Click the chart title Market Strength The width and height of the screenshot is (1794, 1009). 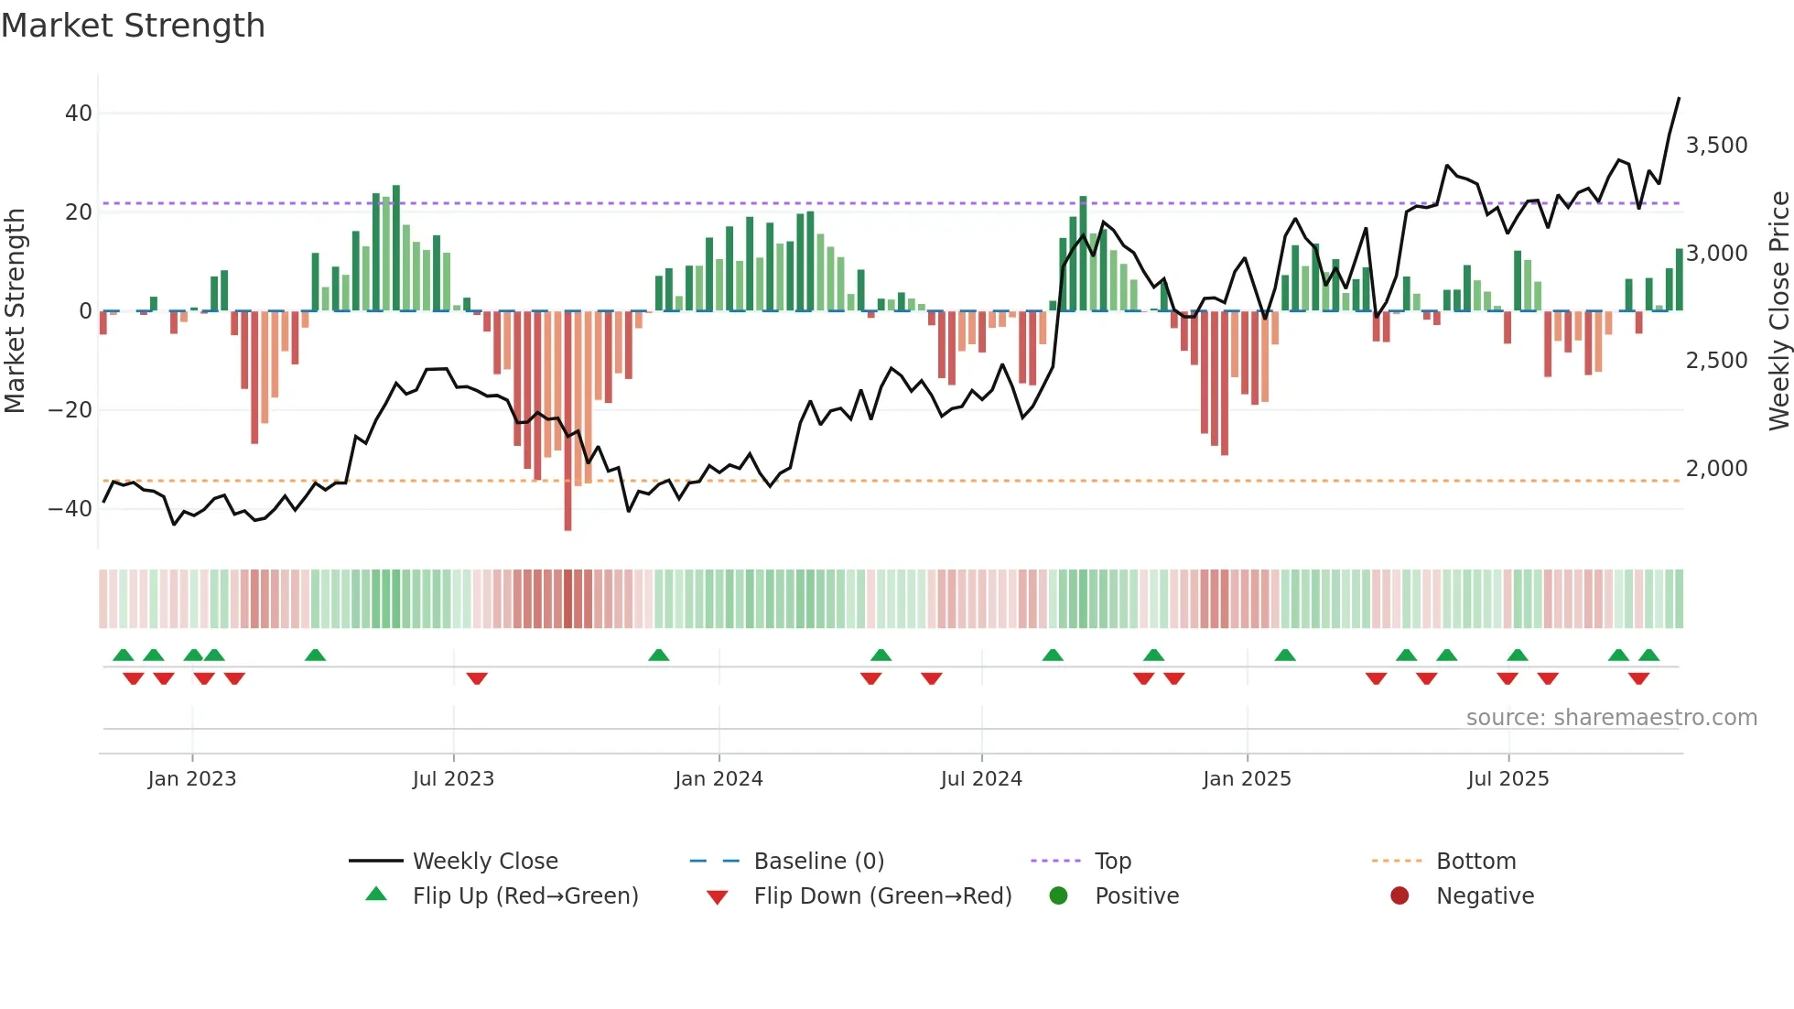pos(133,26)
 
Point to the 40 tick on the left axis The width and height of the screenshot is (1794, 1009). pos(78,114)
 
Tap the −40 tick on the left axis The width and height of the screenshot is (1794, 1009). pos(70,509)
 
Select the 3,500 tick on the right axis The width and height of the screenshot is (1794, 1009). pos(1716,146)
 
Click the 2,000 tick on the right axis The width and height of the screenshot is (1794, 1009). pos(1716,469)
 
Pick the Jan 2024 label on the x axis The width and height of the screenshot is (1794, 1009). pos(719,779)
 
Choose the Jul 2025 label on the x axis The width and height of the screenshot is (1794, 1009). pos(1508,779)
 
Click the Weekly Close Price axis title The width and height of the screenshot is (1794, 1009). pos(1778,311)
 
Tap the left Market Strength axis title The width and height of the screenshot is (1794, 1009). pos(16,311)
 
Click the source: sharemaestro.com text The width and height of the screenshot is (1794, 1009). pos(1611,718)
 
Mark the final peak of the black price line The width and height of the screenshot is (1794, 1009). pos(1679,99)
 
